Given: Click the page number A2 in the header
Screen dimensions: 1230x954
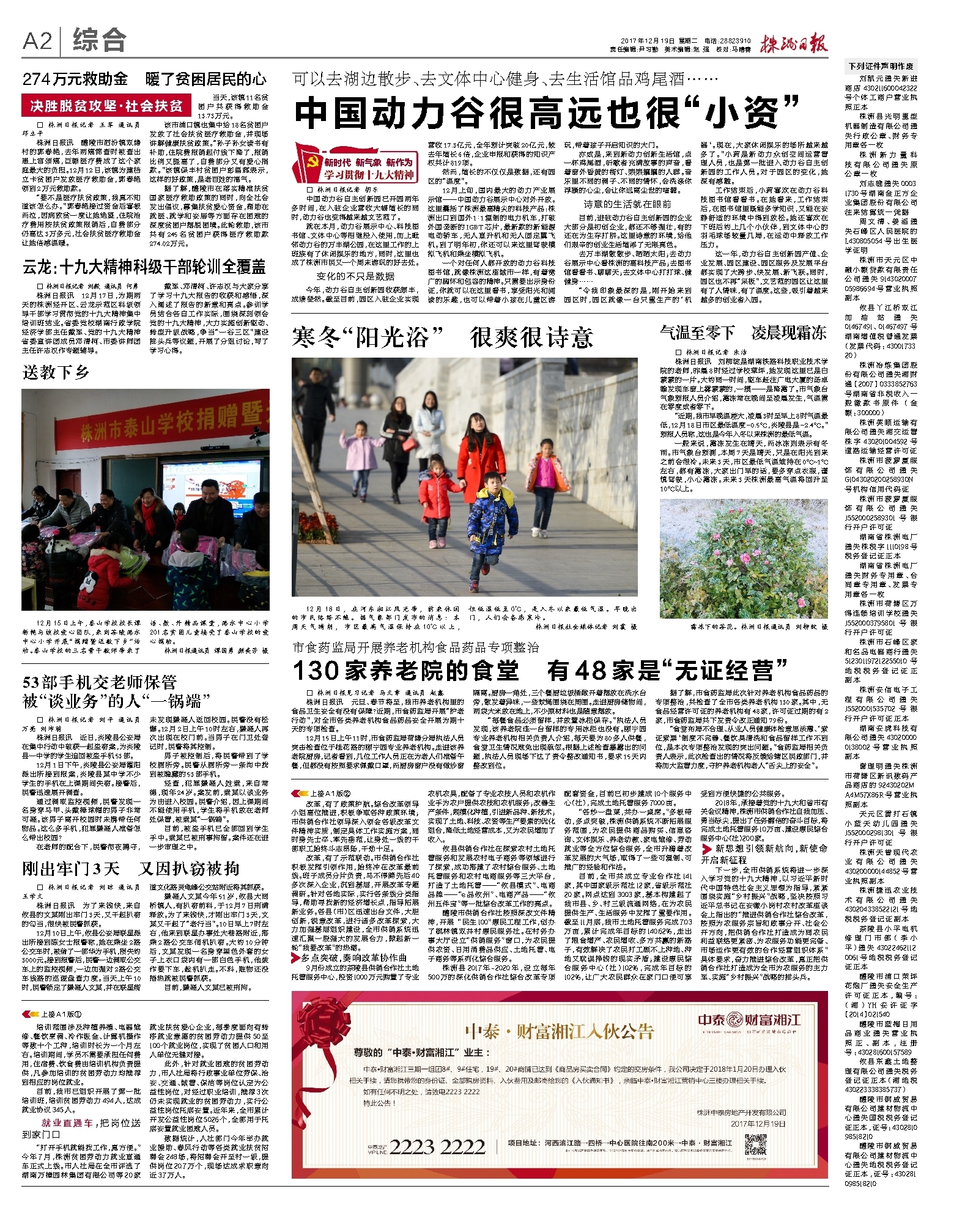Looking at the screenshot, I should pos(37,42).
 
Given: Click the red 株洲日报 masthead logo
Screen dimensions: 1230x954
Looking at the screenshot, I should pos(793,43).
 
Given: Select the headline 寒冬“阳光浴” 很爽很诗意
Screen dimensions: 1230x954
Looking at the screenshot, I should pos(442,337).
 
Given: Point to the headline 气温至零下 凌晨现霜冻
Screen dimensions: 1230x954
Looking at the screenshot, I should pos(743,333).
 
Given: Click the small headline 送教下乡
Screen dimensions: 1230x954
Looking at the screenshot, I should pos(56,372).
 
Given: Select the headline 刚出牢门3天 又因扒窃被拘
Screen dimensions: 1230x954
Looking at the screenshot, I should pos(130,869).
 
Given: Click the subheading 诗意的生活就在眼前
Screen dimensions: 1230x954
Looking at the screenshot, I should pos(627,204).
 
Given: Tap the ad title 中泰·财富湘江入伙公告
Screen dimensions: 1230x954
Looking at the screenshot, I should pos(560,1032).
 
